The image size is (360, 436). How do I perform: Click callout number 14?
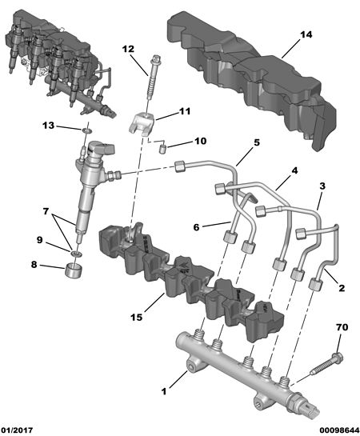click(306, 34)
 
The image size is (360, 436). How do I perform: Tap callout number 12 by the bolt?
click(128, 49)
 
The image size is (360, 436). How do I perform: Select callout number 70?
click(342, 327)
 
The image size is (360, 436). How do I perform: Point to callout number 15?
click(137, 318)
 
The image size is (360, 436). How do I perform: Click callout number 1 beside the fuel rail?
click(164, 391)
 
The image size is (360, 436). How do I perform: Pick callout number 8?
click(34, 265)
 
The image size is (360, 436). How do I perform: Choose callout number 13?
click(48, 126)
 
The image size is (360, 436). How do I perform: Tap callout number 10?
click(200, 141)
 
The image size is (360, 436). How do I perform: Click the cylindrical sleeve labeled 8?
click(74, 269)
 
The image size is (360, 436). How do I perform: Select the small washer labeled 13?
click(87, 130)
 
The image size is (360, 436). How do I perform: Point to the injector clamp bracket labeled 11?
click(142, 124)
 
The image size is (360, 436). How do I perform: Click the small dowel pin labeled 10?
click(162, 148)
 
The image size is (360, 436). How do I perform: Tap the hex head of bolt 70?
click(337, 358)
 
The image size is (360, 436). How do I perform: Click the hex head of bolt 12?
click(155, 60)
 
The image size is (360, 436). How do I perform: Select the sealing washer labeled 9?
click(75, 254)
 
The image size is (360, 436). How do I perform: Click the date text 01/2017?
click(17, 430)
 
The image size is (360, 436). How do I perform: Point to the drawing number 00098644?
click(339, 430)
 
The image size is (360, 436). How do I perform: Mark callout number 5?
click(257, 142)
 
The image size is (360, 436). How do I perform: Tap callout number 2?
click(342, 288)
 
